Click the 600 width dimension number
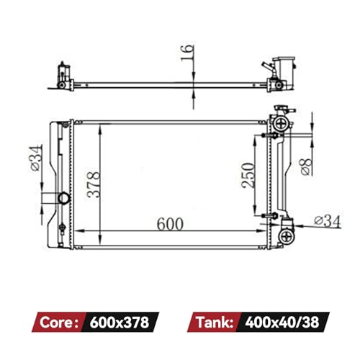coord(170,224)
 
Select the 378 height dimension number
coord(94,184)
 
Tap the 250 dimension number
coord(248,176)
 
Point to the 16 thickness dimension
coord(187,53)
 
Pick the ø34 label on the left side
coord(36,158)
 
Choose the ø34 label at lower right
coord(328,221)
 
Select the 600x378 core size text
coord(120,322)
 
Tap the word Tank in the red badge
coord(215,322)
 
